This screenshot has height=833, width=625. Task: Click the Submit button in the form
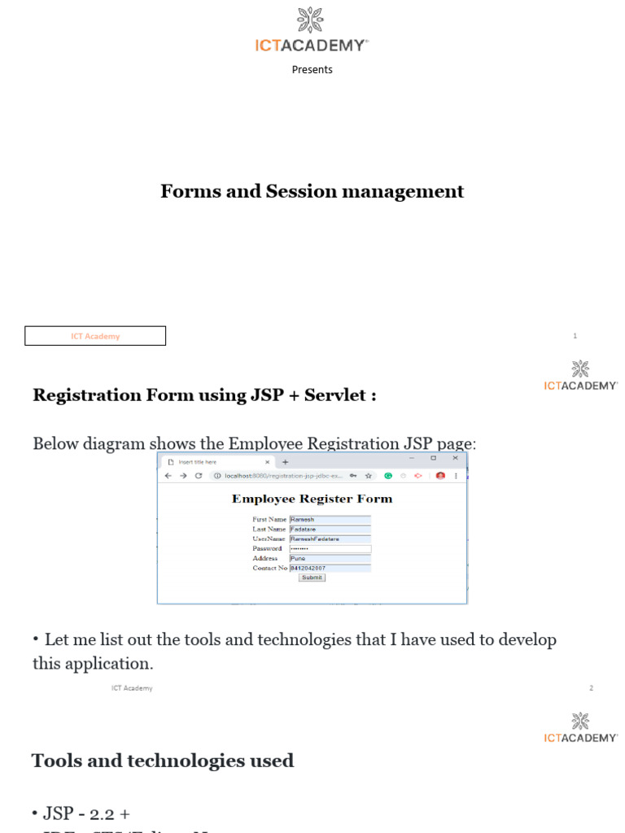(x=312, y=578)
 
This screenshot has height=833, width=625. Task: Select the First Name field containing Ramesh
(x=330, y=519)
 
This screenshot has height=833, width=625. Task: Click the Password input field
(x=330, y=549)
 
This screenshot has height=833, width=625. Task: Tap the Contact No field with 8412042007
(x=330, y=569)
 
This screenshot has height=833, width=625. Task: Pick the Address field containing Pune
(x=330, y=559)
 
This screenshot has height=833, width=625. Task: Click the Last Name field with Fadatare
(x=330, y=530)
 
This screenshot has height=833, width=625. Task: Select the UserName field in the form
(x=330, y=539)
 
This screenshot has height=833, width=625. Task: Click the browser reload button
(x=199, y=476)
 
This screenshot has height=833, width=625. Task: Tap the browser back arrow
(x=168, y=476)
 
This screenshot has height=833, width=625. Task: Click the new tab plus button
(x=285, y=462)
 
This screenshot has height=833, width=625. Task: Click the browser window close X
(x=455, y=459)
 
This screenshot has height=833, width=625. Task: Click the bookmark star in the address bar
(x=369, y=476)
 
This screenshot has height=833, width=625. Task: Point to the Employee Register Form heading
(x=312, y=499)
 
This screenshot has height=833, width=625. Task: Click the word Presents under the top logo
(x=312, y=70)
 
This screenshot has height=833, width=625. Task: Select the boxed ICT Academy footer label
(x=95, y=336)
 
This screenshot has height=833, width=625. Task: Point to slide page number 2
(x=592, y=688)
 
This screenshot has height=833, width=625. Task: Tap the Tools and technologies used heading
(x=163, y=761)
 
